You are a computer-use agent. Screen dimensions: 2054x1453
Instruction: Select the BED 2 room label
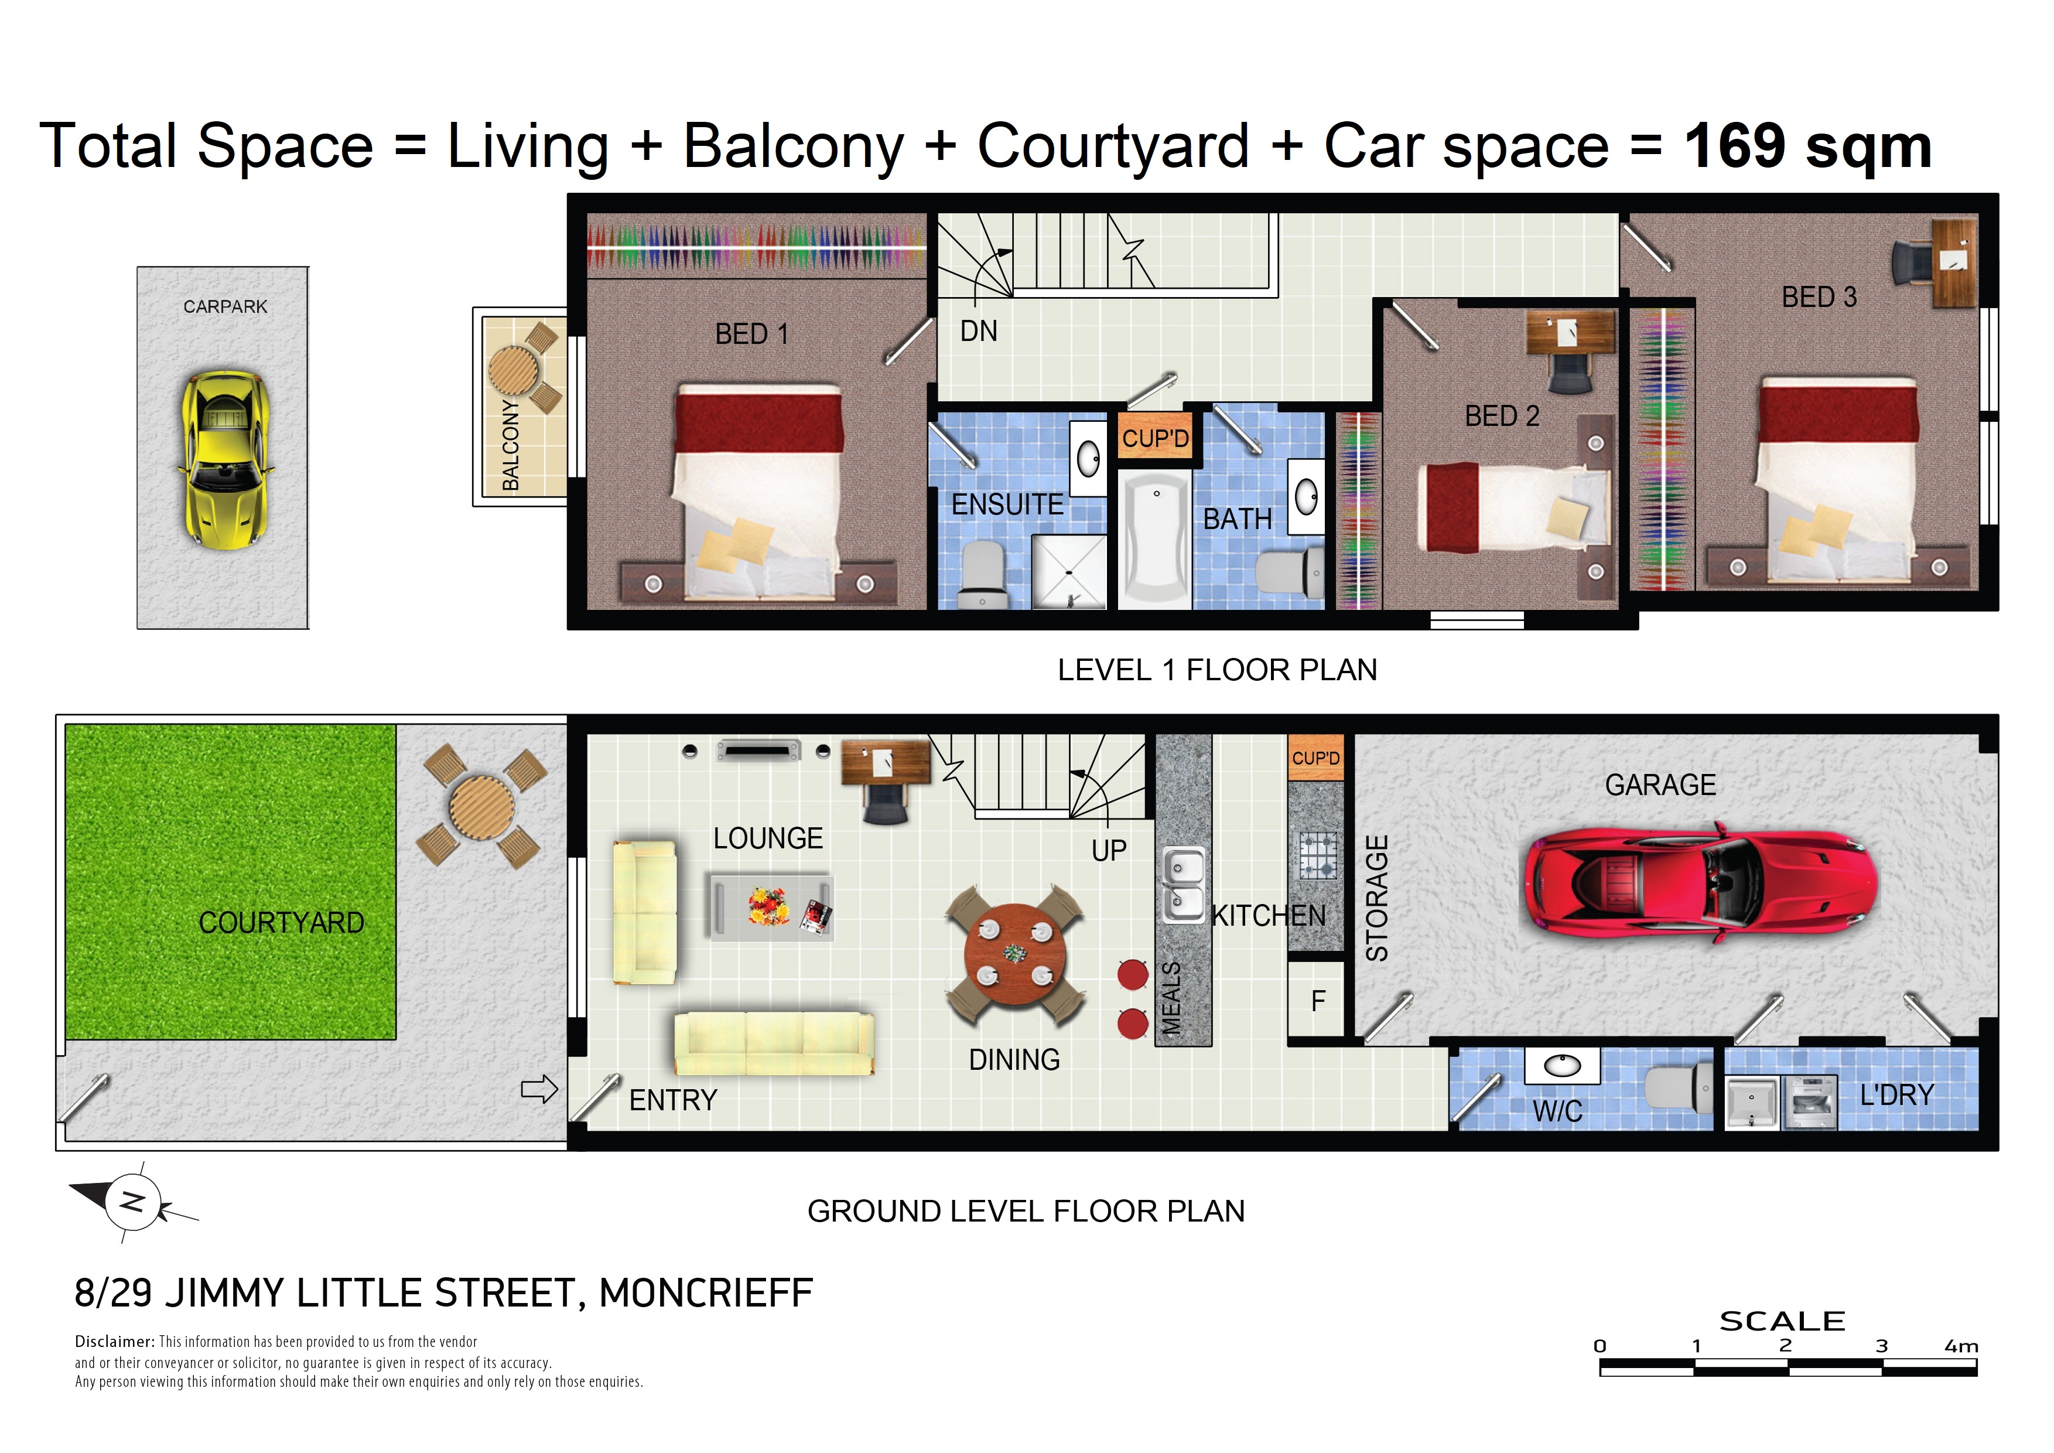pos(1502,416)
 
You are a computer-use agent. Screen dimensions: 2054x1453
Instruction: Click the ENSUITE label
pos(1007,504)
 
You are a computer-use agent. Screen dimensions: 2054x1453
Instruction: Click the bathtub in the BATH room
pos(1155,541)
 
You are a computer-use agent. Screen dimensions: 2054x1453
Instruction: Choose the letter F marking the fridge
pos(1318,1001)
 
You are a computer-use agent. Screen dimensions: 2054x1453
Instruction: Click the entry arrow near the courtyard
pos(539,1089)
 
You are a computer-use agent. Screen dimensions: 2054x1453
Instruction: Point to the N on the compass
pos(132,1202)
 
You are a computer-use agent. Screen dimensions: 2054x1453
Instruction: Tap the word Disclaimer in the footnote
pos(115,1341)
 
